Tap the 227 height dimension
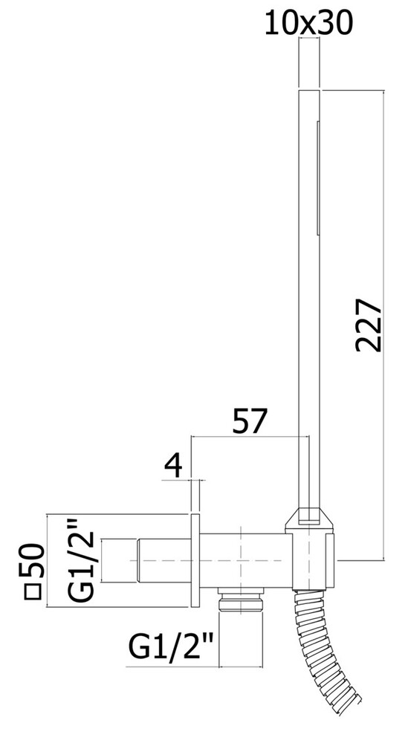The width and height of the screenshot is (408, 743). pyautogui.click(x=368, y=325)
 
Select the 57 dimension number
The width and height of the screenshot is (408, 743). pyautogui.click(x=250, y=421)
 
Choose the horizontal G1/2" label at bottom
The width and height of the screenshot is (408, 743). pyautogui.click(x=172, y=647)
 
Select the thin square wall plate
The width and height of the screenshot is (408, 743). pyautogui.click(x=195, y=560)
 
